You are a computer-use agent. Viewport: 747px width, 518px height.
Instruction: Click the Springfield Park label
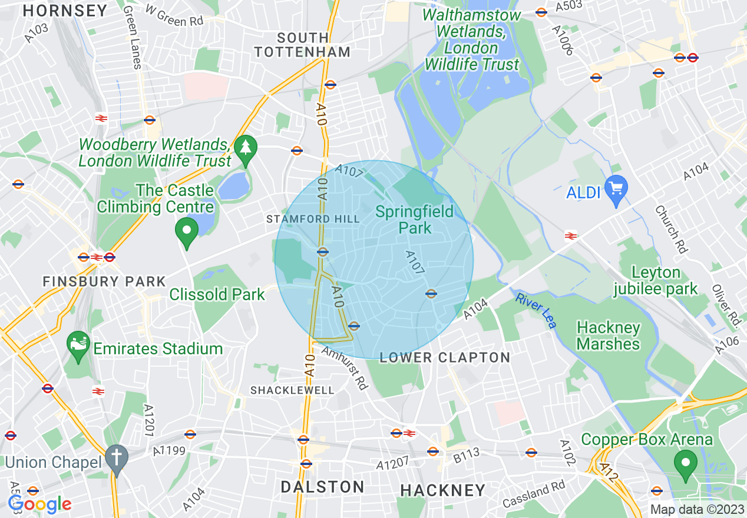point(415,220)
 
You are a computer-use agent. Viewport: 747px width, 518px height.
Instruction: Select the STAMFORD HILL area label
point(313,219)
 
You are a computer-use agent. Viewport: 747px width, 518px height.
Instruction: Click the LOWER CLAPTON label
point(445,357)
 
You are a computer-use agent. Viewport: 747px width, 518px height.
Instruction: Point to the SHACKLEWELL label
point(292,390)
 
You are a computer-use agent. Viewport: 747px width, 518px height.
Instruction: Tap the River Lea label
point(536,310)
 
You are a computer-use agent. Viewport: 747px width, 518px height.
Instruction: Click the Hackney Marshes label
point(608,336)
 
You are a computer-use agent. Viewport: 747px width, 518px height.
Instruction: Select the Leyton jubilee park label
point(656,281)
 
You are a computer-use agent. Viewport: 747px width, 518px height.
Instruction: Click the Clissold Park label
point(217,294)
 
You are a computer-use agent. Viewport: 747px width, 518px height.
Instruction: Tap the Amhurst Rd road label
point(345,368)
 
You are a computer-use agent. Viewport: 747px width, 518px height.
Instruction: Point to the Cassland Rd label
point(534,494)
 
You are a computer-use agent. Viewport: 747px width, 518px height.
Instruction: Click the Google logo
point(39,504)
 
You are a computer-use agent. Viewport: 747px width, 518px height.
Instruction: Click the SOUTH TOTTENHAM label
point(302,44)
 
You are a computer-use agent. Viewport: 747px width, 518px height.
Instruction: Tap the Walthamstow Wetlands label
point(472,39)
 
